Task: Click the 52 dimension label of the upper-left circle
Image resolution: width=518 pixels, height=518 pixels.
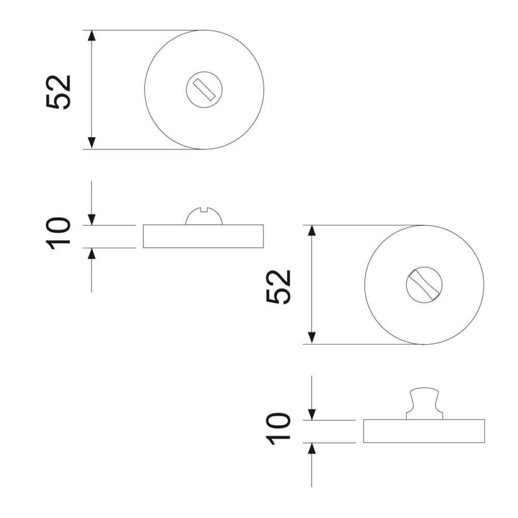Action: point(59,92)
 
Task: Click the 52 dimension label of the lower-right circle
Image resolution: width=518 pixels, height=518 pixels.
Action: point(279,287)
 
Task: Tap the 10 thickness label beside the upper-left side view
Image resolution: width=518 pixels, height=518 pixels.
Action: point(58,233)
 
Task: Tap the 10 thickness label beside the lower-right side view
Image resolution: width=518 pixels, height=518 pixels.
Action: point(278,428)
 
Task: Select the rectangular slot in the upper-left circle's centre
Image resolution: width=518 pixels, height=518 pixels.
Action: point(204,90)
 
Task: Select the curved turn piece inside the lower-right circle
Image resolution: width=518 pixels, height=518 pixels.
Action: point(424,284)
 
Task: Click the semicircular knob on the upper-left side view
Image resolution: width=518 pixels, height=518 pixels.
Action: point(204,217)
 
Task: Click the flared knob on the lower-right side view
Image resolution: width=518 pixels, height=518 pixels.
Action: point(424,404)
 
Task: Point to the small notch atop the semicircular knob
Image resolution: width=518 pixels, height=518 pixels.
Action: point(204,209)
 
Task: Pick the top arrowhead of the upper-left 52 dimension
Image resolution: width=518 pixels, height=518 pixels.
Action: point(92,36)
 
